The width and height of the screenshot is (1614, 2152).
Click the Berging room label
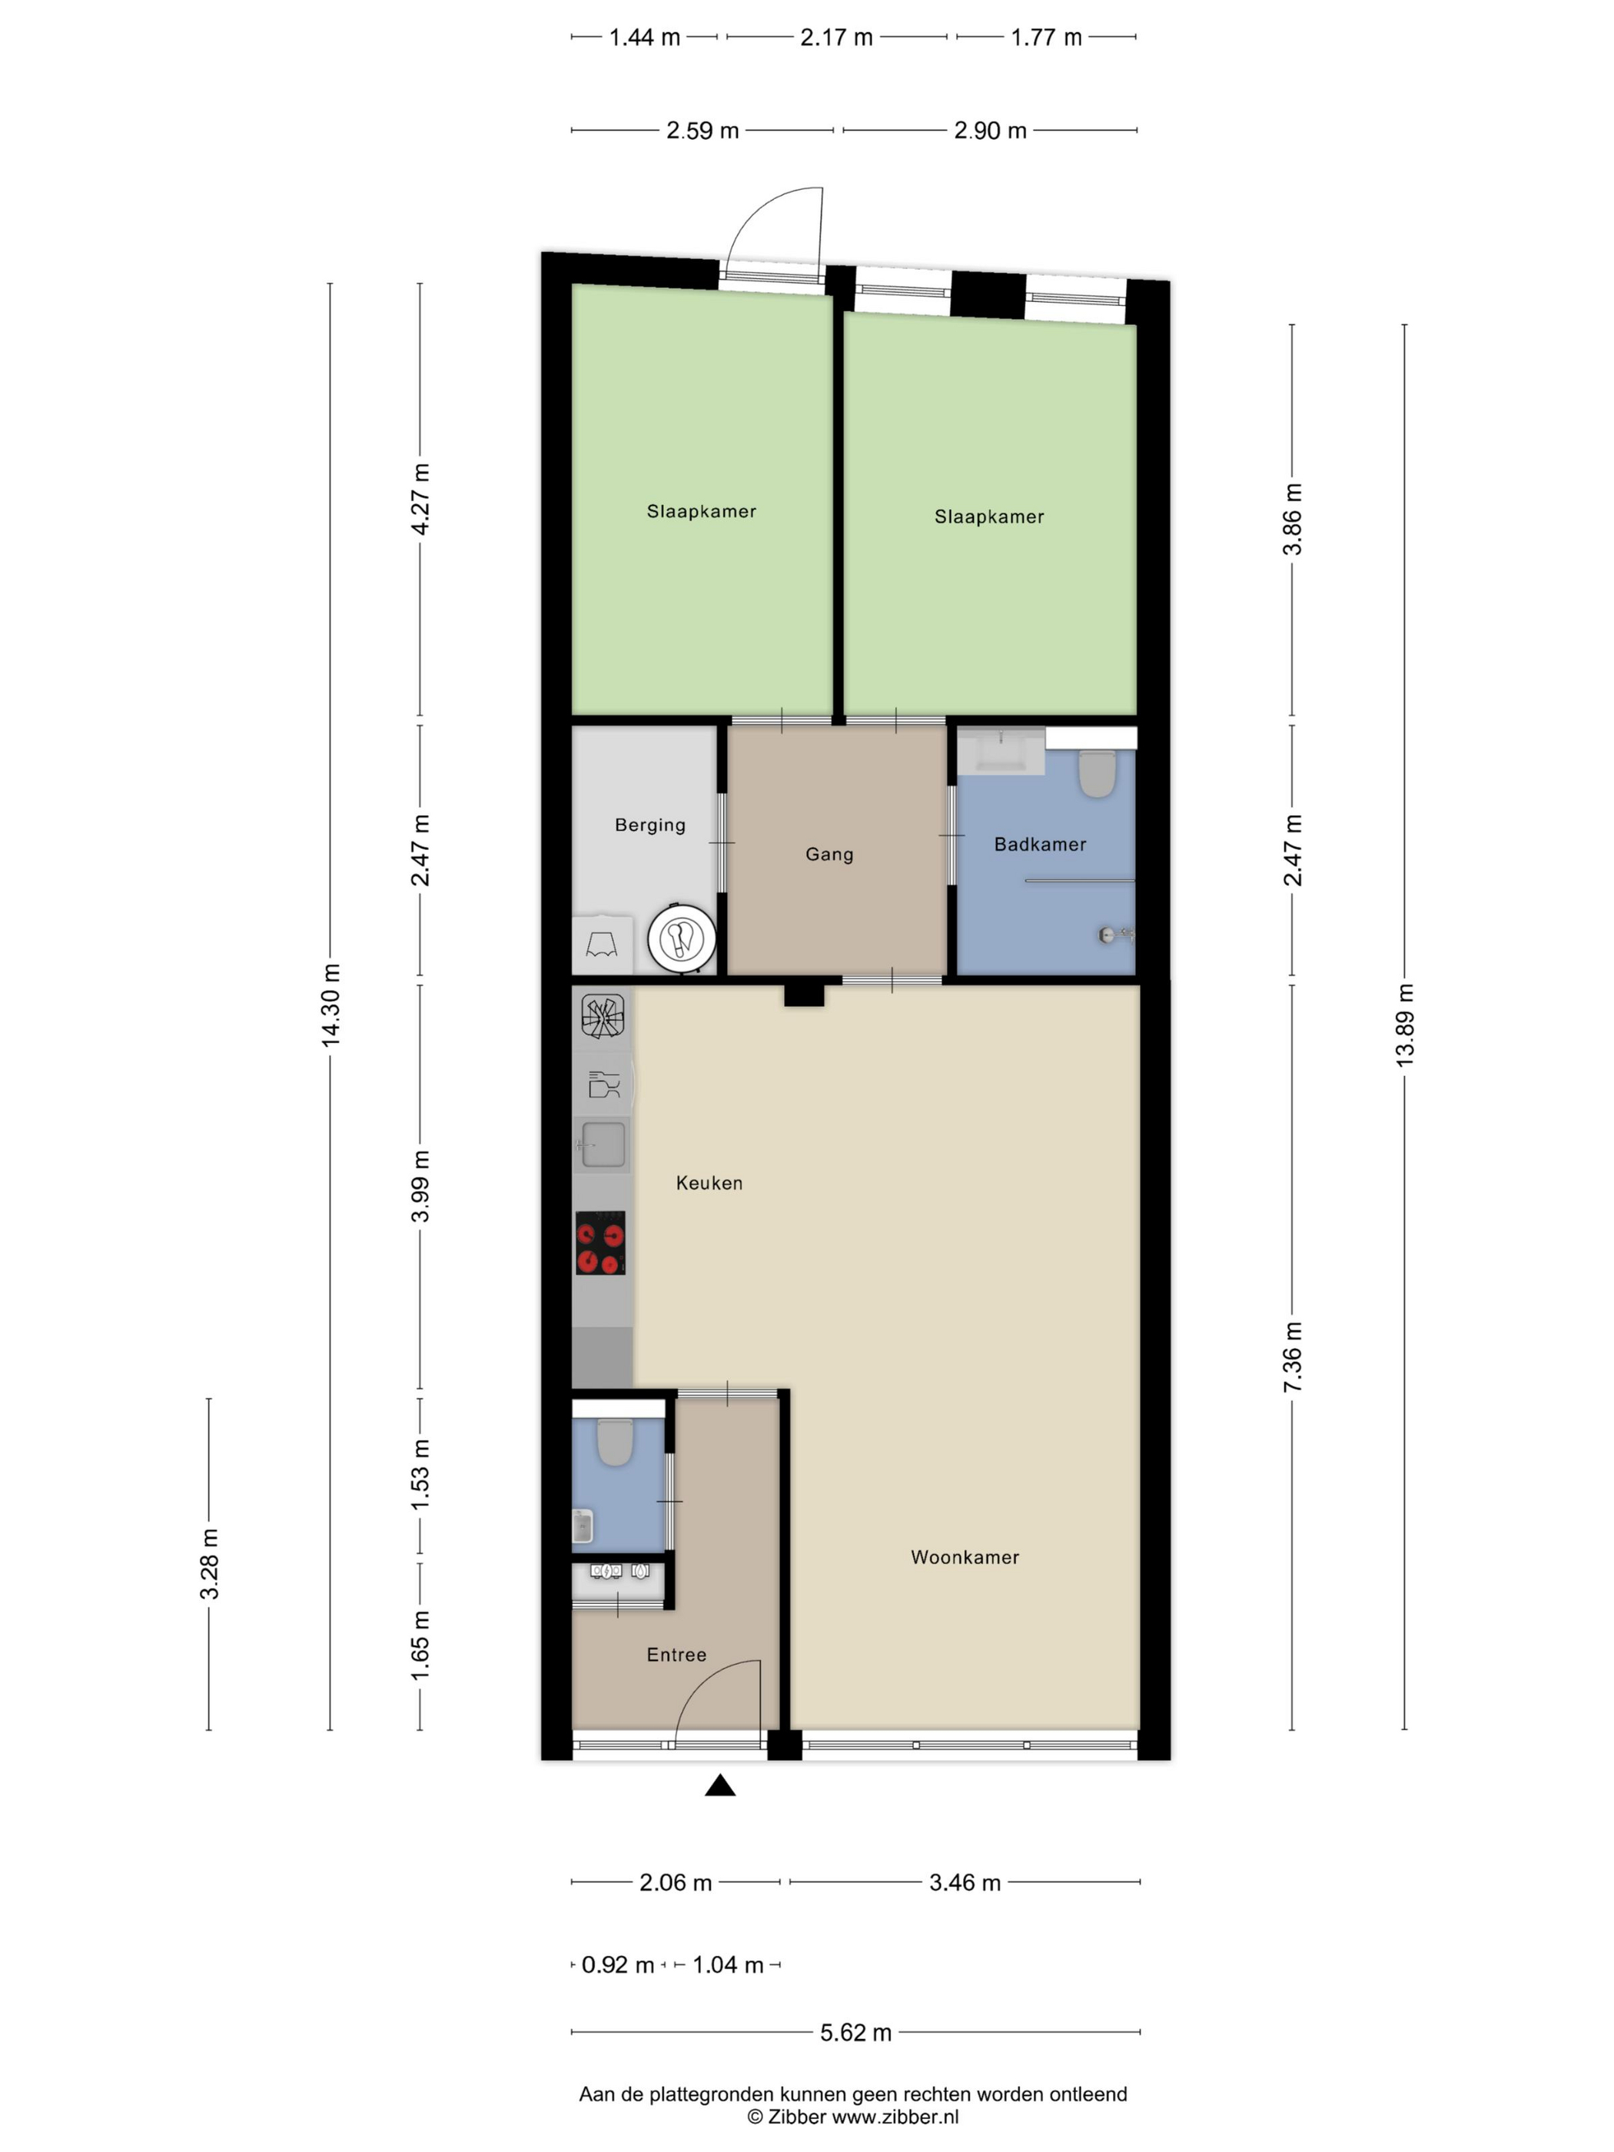(x=650, y=825)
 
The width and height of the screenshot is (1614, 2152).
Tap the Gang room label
(x=829, y=854)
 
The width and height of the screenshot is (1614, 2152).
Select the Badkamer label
(x=1040, y=845)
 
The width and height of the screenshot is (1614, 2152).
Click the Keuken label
(x=709, y=1183)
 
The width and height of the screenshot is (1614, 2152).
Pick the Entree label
(x=676, y=1655)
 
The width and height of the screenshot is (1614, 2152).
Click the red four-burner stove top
(x=600, y=1242)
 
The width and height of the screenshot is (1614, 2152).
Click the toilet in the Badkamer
(x=1097, y=772)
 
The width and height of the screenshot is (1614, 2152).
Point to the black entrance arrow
(x=720, y=1785)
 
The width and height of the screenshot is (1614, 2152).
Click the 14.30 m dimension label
(x=330, y=1005)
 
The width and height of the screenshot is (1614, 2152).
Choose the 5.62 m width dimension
(x=855, y=2032)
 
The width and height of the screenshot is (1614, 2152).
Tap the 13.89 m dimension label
(x=1405, y=1025)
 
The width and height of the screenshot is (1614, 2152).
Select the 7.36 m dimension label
(x=1292, y=1357)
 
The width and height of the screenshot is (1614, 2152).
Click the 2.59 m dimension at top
(x=702, y=131)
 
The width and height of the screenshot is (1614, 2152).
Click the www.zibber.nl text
(x=895, y=2116)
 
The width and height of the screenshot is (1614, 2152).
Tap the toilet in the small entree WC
(x=615, y=1442)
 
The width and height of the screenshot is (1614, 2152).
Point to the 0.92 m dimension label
(x=618, y=1965)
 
